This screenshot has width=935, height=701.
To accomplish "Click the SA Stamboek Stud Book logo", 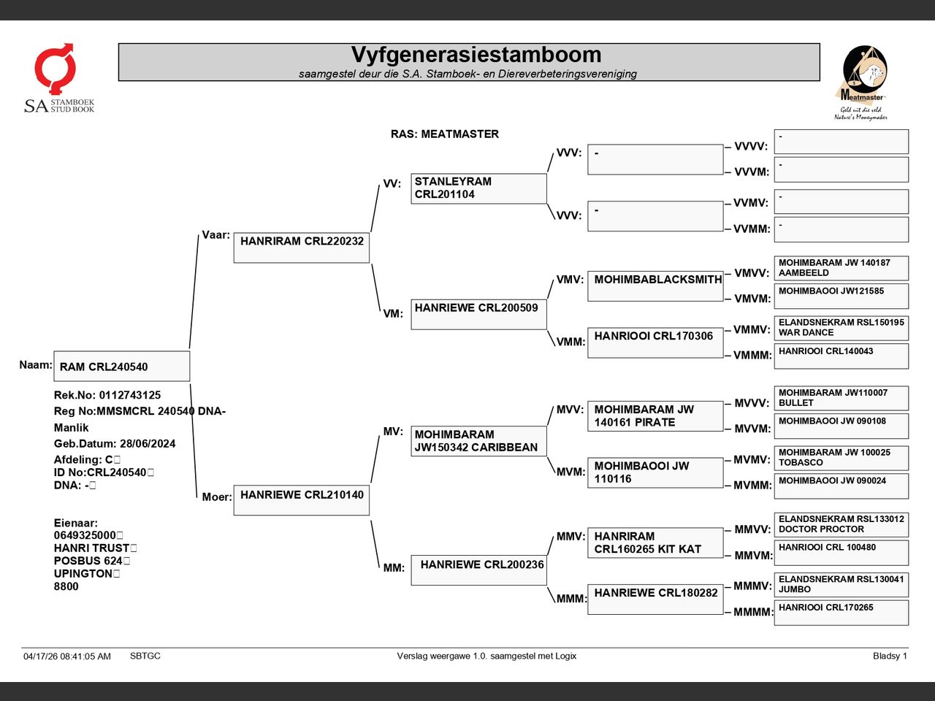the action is tap(59, 78).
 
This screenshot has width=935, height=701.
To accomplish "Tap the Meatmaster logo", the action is tap(861, 83).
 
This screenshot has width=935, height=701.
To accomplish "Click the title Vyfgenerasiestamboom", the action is tap(476, 55).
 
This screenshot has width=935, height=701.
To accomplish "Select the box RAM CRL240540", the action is tap(122, 366).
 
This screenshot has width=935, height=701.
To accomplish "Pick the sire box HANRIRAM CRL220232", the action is tap(302, 248).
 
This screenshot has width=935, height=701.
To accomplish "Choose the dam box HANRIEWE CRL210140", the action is tap(302, 500).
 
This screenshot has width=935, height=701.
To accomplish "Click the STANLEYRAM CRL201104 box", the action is tap(478, 188).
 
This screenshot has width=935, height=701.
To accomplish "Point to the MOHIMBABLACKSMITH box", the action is tap(655, 286).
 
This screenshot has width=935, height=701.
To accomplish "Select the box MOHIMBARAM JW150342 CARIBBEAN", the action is tap(478, 441).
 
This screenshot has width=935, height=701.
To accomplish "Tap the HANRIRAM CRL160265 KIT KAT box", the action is tap(655, 543).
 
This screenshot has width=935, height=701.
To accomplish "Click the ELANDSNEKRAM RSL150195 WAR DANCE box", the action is tap(841, 328).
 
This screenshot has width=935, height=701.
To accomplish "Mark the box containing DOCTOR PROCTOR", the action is tap(841, 525).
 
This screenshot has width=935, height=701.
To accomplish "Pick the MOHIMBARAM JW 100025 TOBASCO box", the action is tap(841, 458).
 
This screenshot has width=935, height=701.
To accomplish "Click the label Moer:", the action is tap(217, 497).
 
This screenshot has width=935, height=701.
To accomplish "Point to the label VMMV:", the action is tap(752, 329).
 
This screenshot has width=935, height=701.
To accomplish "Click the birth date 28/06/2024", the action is tap(148, 443).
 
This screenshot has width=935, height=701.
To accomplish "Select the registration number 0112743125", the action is tap(130, 395).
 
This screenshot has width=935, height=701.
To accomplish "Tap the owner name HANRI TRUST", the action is tap(91, 548).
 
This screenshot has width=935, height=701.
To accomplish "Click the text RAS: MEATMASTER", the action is tap(445, 134).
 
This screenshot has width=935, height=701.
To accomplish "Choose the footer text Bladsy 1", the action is tap(890, 656).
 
